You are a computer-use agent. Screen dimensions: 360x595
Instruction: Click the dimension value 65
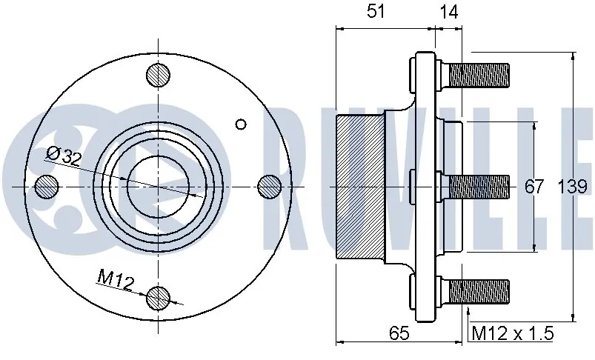[x=399, y=333]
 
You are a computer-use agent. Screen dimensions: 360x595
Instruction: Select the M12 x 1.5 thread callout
[x=513, y=333]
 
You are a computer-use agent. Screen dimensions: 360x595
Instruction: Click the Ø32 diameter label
[x=63, y=155]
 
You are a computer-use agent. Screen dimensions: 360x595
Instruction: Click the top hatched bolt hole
[x=158, y=74]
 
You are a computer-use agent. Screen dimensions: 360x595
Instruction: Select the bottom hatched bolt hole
[x=158, y=298]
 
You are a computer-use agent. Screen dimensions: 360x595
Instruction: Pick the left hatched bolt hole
[x=46, y=186]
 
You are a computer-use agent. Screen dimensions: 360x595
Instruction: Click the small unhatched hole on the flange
[x=239, y=124]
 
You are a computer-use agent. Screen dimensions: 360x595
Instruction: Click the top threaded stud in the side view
[x=478, y=74]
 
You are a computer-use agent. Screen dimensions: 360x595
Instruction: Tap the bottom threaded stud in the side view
[x=478, y=290]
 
